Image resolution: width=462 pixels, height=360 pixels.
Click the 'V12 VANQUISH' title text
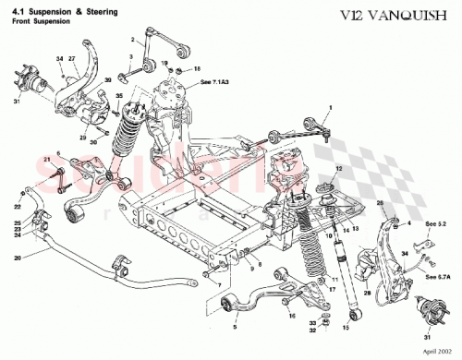coord(400,14)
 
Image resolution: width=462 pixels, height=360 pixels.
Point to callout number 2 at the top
coord(133,39)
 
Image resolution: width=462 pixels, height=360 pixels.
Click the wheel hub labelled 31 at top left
coord(39,83)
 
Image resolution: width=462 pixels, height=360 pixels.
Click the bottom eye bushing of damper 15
coord(346,311)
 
